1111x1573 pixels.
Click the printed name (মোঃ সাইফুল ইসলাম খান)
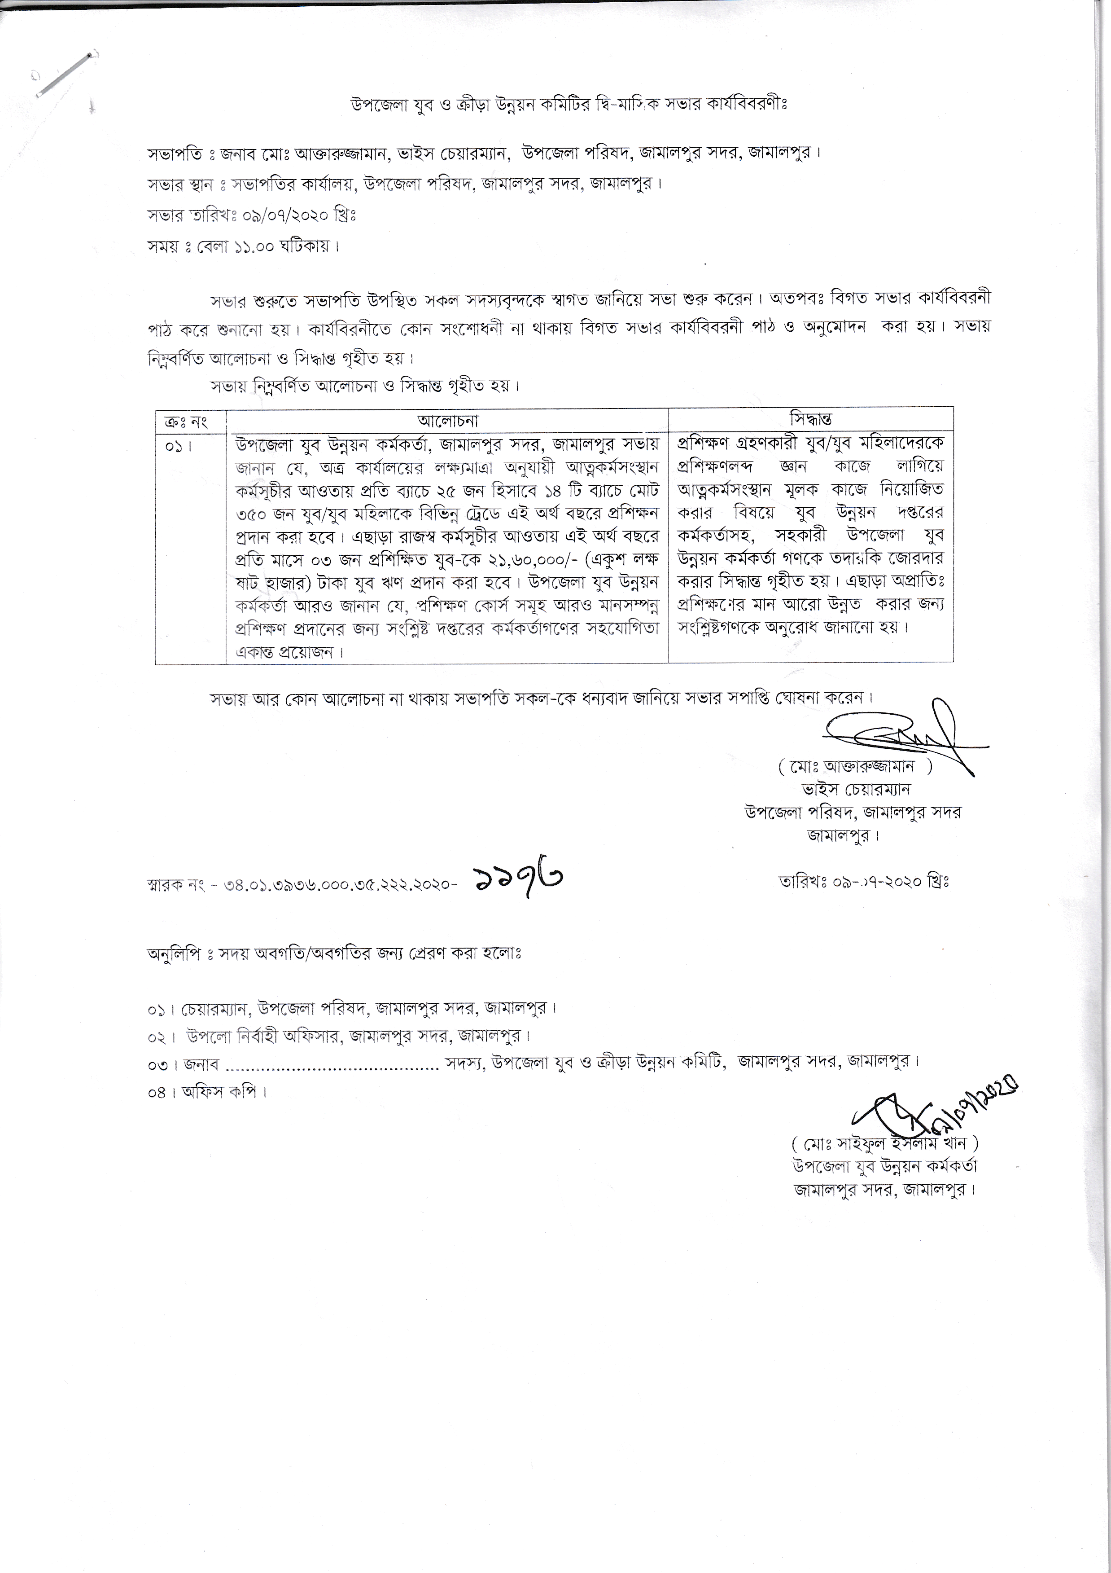click(884, 1143)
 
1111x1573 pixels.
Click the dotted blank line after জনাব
click(332, 1064)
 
